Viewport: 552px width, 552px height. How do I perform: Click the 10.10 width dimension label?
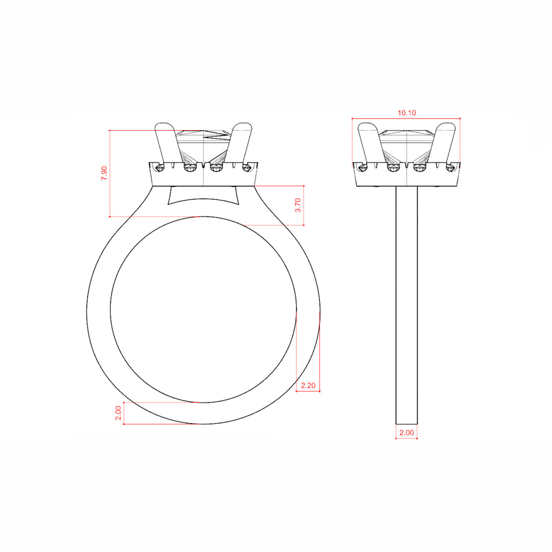407,112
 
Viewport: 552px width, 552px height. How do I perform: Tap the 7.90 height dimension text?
104,173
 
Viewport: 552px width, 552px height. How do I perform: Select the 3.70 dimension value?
298,205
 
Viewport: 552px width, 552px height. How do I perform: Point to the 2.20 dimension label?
308,385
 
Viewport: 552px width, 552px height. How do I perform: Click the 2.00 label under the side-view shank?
407,433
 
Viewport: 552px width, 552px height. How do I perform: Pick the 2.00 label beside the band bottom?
118,413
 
